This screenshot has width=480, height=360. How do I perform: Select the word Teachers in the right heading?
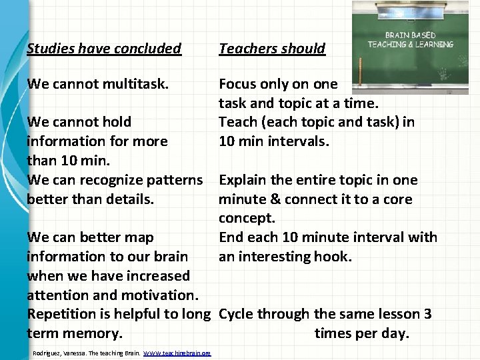tap(247, 49)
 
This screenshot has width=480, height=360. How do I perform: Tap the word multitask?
tap(139, 84)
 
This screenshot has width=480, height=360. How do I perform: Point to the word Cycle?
tap(236, 314)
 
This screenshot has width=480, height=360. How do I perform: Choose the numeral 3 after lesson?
tap(427, 314)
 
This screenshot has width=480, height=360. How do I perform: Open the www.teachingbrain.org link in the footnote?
tap(177, 353)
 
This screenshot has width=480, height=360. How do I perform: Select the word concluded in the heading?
tap(147, 49)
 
